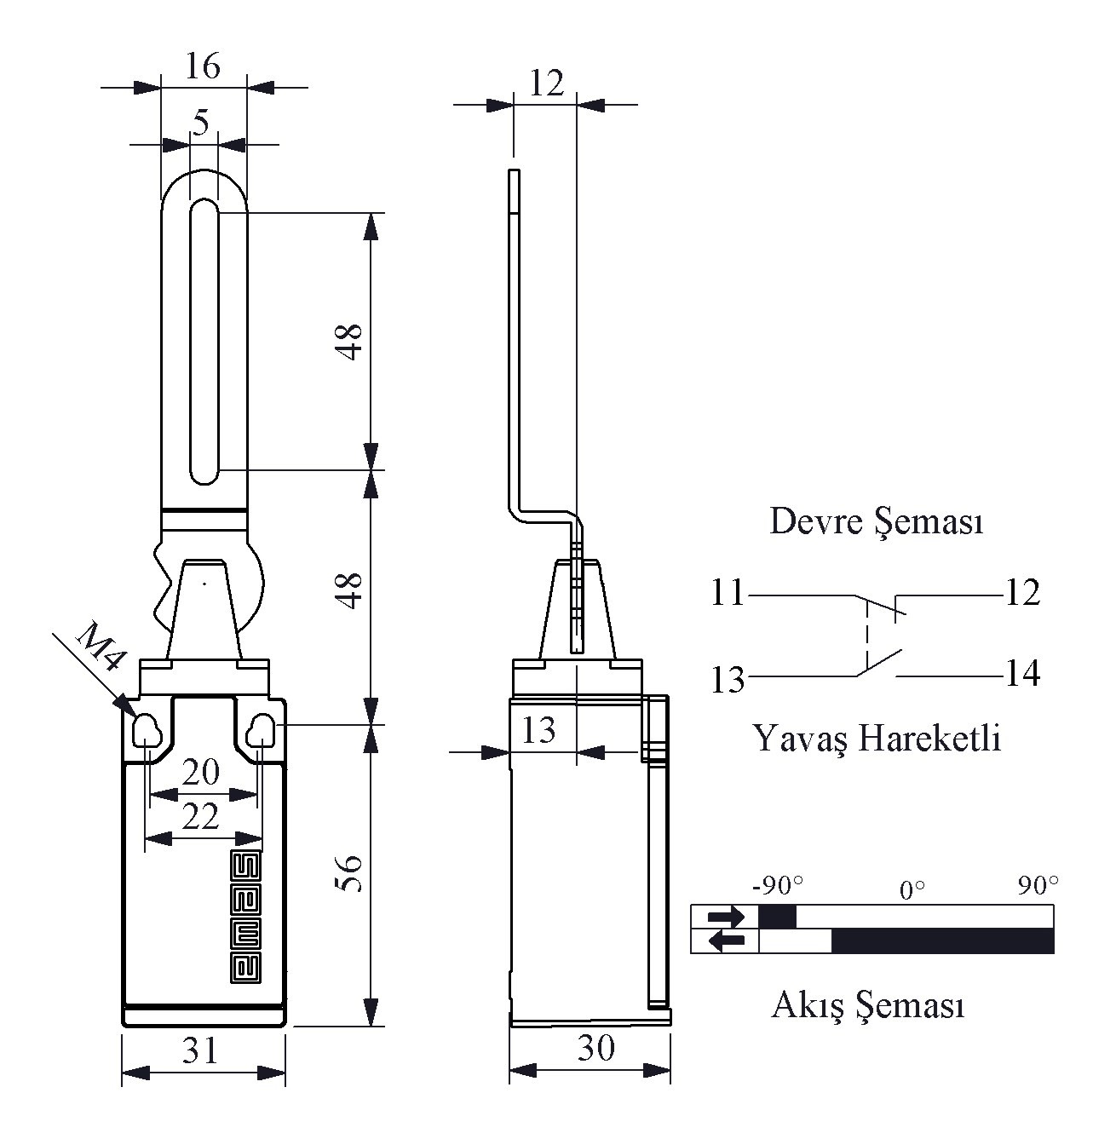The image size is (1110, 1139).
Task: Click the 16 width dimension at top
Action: pyautogui.click(x=203, y=66)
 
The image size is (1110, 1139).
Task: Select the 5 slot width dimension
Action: pyautogui.click(x=201, y=124)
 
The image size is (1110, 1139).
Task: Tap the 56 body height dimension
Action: pyautogui.click(x=350, y=873)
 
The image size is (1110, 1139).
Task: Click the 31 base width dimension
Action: pyautogui.click(x=202, y=1052)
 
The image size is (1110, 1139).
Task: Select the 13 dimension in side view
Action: pyautogui.click(x=538, y=729)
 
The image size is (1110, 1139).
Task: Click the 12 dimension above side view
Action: pyautogui.click(x=546, y=83)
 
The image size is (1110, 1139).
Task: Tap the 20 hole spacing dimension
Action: pyautogui.click(x=201, y=773)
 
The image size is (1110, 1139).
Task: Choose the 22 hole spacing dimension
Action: pyautogui.click(x=201, y=818)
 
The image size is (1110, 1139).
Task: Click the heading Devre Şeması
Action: pyautogui.click(x=876, y=521)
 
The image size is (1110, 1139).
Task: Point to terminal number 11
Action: pyautogui.click(x=728, y=593)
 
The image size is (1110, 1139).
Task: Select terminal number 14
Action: pyautogui.click(x=1022, y=674)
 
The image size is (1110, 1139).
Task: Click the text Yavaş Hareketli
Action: pyautogui.click(x=877, y=738)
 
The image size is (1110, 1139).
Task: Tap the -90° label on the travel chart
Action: pyautogui.click(x=778, y=886)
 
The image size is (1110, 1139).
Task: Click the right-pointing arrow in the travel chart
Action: pyautogui.click(x=726, y=917)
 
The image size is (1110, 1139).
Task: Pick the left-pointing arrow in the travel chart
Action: pyautogui.click(x=726, y=941)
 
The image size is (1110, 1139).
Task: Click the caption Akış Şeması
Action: pyautogui.click(x=868, y=1005)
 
